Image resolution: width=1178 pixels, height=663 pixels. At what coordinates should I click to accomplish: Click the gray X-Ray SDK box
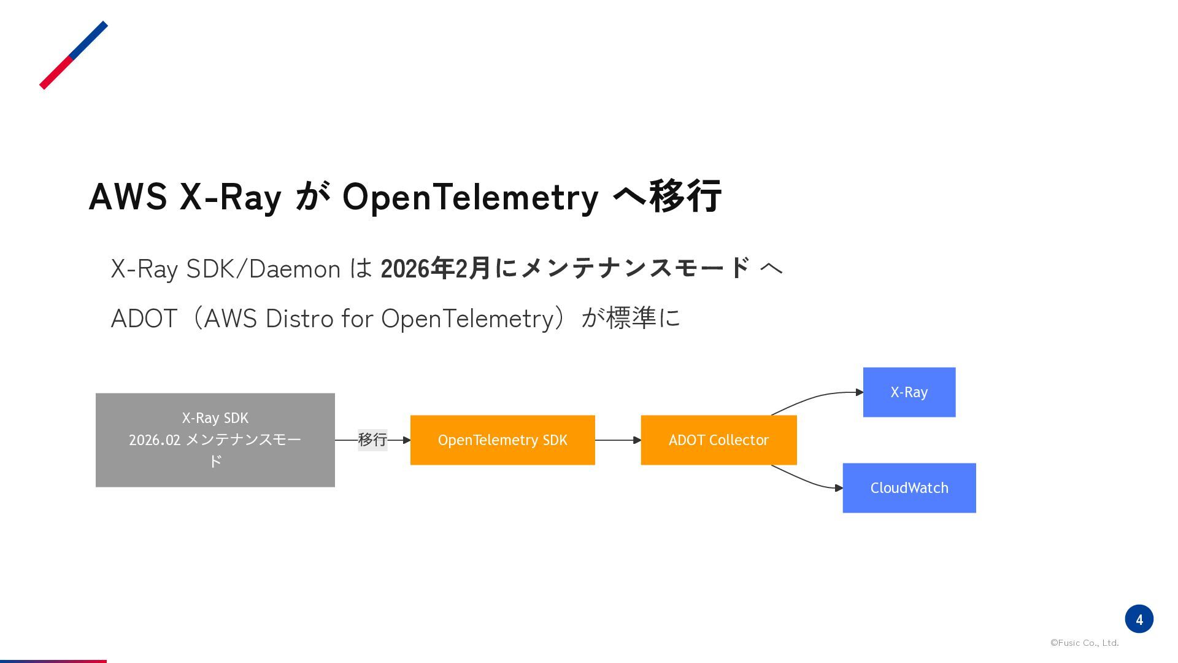coord(215,440)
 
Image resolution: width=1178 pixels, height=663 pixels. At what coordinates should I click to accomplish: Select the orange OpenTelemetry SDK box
coord(502,440)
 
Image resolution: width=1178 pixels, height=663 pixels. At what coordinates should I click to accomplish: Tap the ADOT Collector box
coord(718,440)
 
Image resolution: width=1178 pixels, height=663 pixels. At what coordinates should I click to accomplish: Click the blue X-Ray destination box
coord(909,392)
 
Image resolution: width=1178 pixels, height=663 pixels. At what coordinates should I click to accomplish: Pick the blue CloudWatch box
coord(909,488)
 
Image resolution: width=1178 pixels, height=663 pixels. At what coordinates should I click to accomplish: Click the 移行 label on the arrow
coord(372,440)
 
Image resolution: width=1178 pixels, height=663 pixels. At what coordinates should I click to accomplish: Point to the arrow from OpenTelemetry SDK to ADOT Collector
coord(618,440)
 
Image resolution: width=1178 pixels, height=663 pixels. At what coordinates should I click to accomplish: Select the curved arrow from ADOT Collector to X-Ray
coord(816,397)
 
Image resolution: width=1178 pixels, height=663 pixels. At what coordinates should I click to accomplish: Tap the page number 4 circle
coord(1139,619)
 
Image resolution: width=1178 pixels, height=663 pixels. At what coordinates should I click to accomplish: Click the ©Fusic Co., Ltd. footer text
coord(1085,643)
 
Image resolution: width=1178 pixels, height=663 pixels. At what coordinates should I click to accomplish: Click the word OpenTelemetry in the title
coord(470,198)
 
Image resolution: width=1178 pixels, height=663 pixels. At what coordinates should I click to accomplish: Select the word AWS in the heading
coord(128,196)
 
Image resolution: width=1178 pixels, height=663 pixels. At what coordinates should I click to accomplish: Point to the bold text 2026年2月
coord(436,269)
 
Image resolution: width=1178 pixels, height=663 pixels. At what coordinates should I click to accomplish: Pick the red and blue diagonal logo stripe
coord(74,55)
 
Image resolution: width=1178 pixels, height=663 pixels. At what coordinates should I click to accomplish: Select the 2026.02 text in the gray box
coord(155,440)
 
